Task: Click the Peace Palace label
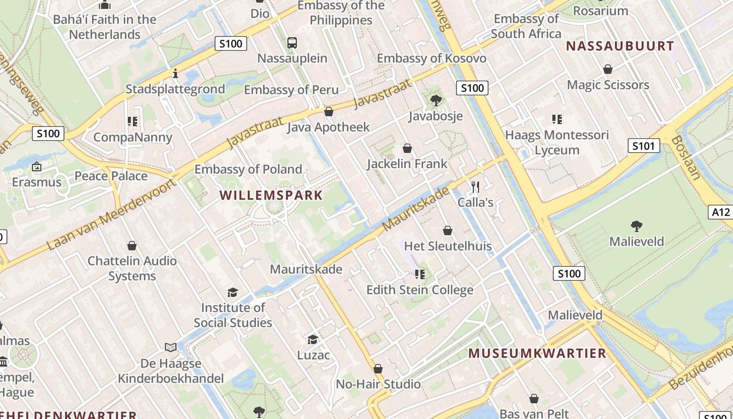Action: tap(111, 176)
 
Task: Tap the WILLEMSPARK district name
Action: tap(271, 195)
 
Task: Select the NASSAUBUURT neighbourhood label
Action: tap(619, 46)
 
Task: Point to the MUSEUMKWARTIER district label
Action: tap(537, 353)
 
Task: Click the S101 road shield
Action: tap(643, 146)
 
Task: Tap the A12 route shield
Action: tap(721, 212)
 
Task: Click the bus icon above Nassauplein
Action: tap(292, 43)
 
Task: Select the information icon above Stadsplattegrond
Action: tap(175, 73)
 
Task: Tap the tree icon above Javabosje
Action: tap(436, 100)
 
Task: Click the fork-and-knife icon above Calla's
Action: tap(475, 186)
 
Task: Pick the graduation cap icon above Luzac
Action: tap(313, 339)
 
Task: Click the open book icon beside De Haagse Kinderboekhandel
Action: tap(171, 347)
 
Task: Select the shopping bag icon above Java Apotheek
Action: tap(329, 112)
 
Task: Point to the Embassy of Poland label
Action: tap(248, 169)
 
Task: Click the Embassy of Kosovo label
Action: tap(431, 58)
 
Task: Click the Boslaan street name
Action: tap(685, 157)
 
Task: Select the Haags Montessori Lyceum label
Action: tap(557, 142)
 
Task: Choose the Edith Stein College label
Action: tap(420, 290)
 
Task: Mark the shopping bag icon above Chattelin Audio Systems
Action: tap(132, 246)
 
